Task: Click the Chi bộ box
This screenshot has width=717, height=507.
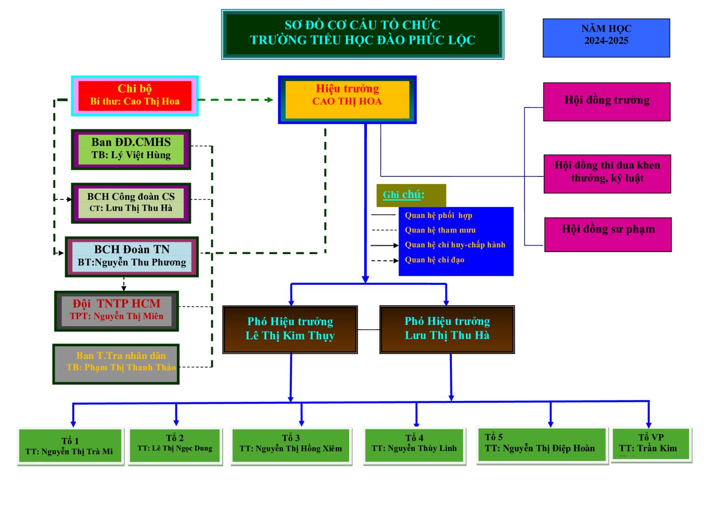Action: pos(134,96)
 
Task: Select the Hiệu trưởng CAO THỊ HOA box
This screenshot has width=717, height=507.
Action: pos(347,99)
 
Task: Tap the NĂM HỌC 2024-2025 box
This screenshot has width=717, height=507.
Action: pos(606,38)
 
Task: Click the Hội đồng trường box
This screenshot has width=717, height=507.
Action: pos(606,101)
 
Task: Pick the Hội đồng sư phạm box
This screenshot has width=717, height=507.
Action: pos(608,234)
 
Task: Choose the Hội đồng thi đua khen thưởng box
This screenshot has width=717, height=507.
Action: pos(607,174)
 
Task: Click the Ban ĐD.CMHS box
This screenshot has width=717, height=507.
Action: pos(131,149)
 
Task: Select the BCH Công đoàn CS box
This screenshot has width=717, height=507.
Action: pos(131,203)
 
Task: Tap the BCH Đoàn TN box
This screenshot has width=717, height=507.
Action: pos(132,256)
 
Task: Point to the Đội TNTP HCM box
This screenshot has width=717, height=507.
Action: pos(116,310)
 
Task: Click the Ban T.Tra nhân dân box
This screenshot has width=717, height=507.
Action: pos(116,364)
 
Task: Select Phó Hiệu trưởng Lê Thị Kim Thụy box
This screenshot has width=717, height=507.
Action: pos(290,329)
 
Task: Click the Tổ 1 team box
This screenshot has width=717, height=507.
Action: pos(70,446)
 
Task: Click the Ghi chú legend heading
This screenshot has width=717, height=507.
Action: pos(403,195)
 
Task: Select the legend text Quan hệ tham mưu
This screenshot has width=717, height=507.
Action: pos(440,230)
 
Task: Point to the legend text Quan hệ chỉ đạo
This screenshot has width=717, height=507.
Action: pos(434,260)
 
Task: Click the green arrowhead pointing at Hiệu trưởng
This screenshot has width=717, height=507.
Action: pos(269,99)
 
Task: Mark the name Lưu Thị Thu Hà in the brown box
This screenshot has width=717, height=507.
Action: pos(447,336)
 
